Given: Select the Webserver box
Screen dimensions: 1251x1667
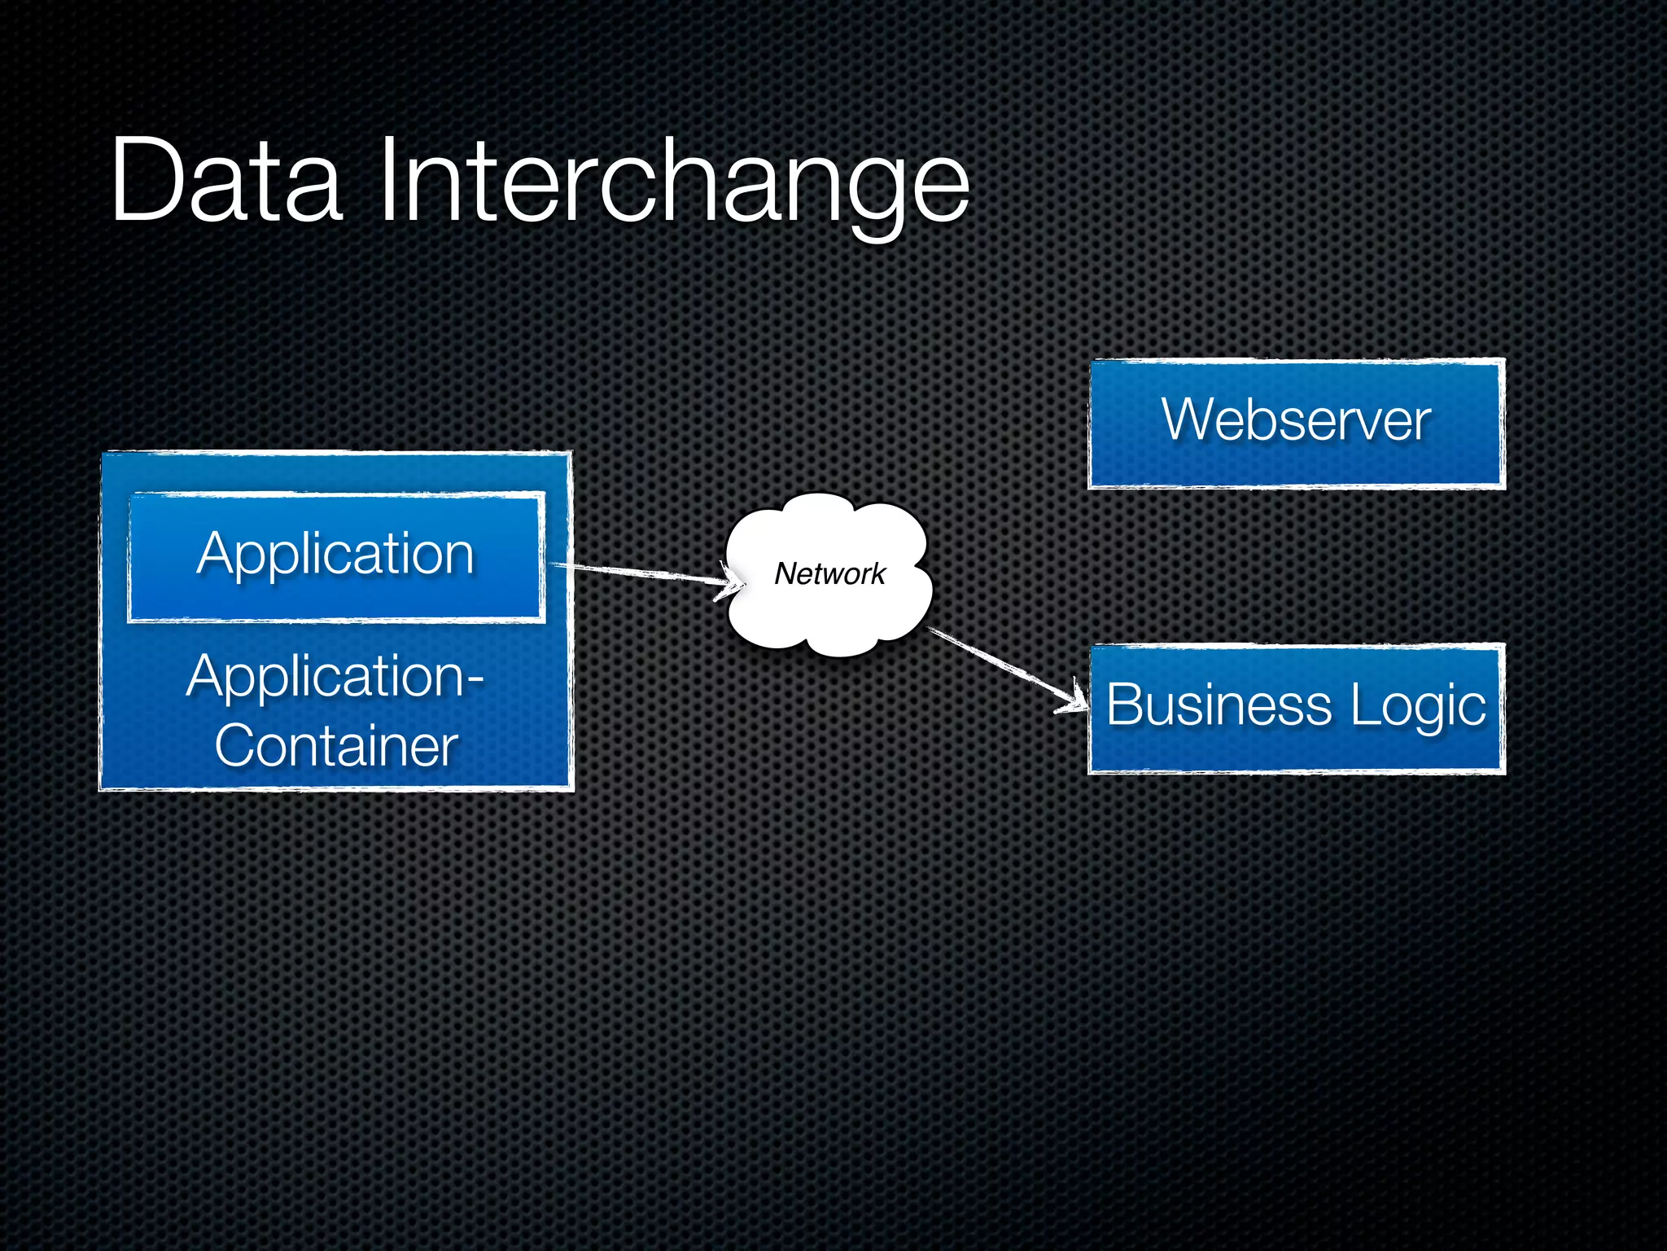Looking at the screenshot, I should coord(1297,423).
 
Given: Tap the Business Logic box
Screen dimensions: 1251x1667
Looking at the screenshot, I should coord(1297,708).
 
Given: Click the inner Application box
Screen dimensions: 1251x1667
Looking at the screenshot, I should coord(336,555).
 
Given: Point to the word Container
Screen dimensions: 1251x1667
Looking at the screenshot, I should coord(336,745).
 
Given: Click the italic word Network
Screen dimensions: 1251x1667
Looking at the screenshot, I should coord(829,573).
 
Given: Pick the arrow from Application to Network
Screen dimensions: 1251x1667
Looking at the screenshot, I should coord(643,573).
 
